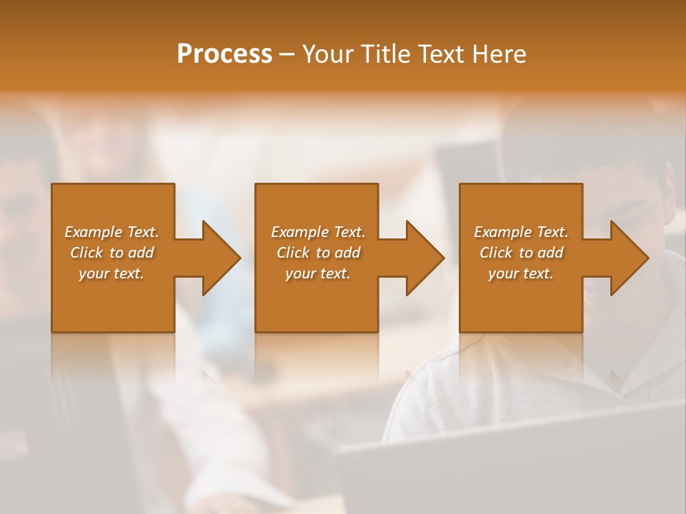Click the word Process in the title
[x=224, y=54]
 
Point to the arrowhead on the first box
[x=218, y=258]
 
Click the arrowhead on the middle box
[x=422, y=258]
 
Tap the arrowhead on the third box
[x=626, y=258]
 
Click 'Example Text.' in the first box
[x=111, y=232]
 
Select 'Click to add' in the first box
[x=111, y=253]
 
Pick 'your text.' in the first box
[x=111, y=273]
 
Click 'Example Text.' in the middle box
[x=318, y=232]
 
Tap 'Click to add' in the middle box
[x=318, y=253]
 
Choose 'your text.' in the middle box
[x=318, y=273]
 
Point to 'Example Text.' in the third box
[x=521, y=232]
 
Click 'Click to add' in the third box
[x=521, y=253]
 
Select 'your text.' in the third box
[x=521, y=273]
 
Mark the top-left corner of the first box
[x=52, y=184]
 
